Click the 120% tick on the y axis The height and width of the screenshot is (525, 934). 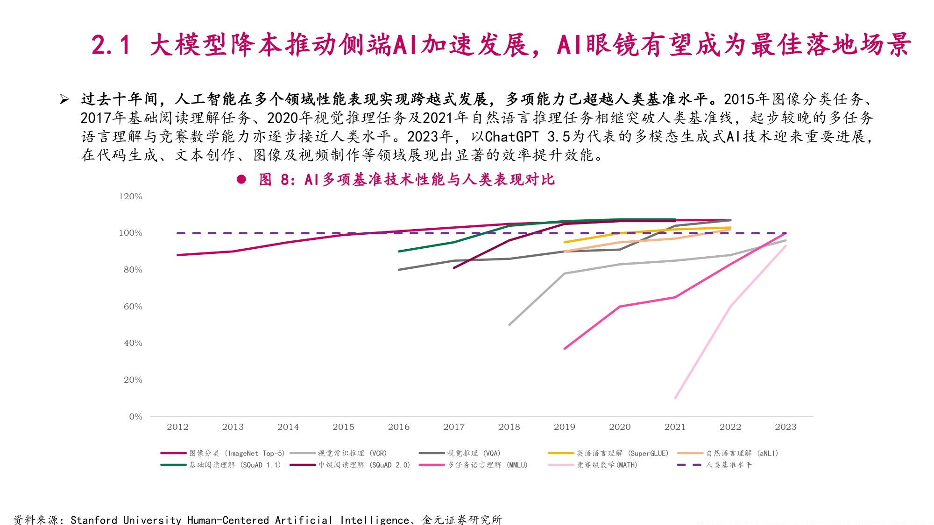click(130, 196)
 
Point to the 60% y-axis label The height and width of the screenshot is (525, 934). click(133, 307)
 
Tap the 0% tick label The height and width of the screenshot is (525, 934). click(135, 417)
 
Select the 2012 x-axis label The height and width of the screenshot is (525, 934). click(177, 427)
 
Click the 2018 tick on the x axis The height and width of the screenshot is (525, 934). click(509, 427)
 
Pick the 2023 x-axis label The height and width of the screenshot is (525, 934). click(785, 427)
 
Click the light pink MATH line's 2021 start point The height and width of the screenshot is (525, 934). click(675, 398)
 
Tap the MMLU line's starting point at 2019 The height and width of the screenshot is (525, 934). click(565, 349)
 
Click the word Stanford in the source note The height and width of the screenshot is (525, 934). click(93, 519)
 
